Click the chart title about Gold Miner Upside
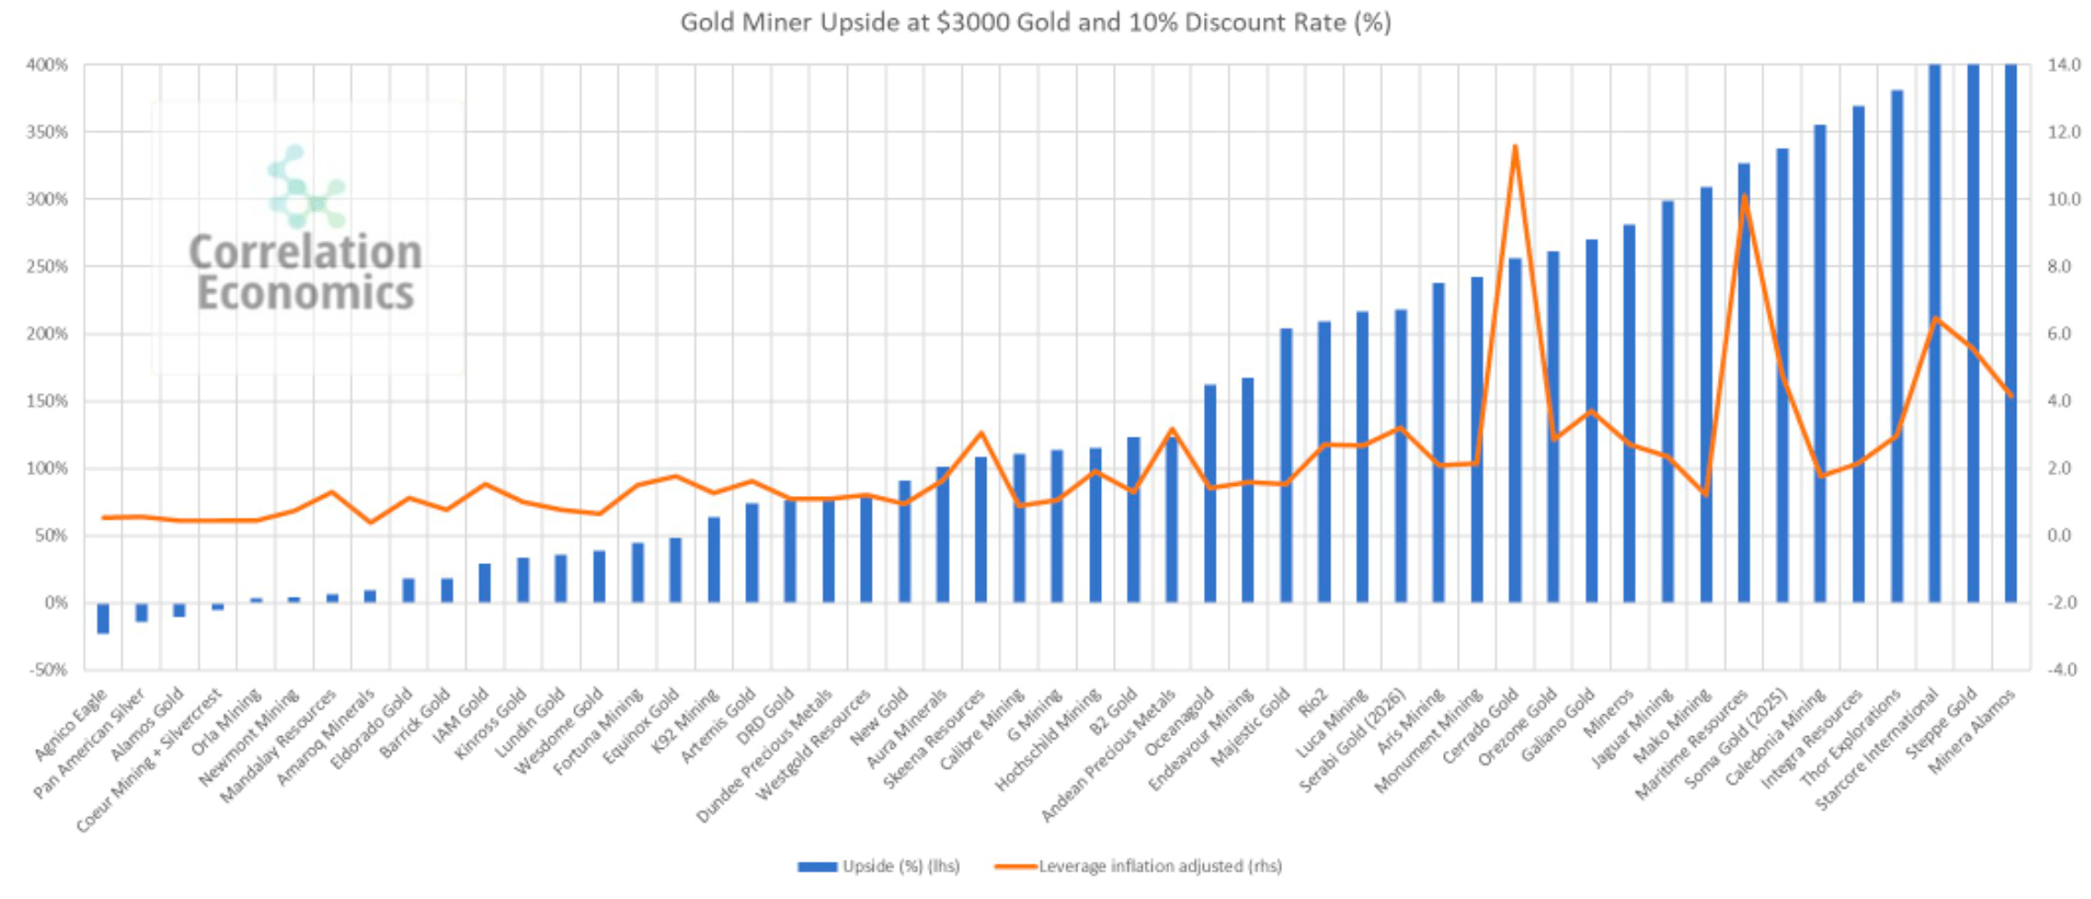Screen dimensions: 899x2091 coord(1035,22)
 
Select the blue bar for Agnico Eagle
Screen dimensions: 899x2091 coord(104,618)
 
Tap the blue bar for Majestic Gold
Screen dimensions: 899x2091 coord(1286,465)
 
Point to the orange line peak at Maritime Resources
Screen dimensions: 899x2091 coord(1743,196)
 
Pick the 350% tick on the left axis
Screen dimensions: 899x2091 coord(46,132)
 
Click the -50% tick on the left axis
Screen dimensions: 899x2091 coord(48,670)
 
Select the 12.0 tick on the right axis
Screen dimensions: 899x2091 coord(2064,132)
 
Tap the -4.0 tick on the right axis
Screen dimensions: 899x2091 coord(2064,670)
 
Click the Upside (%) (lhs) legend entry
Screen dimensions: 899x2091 coord(879,866)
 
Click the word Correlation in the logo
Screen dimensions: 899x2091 coord(306,252)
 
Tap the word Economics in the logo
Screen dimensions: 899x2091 coord(306,293)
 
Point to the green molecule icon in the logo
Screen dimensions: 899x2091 coord(306,187)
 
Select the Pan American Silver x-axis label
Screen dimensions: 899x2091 coord(89,744)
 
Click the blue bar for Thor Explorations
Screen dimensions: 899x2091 coord(1896,346)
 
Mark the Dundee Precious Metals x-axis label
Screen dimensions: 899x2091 coord(764,757)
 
